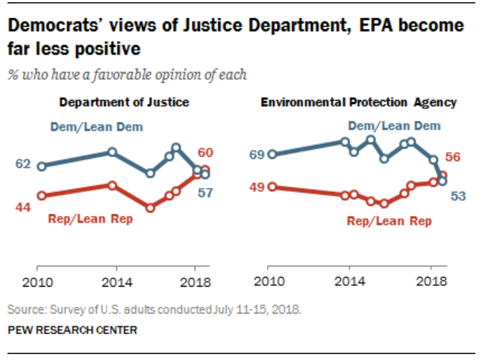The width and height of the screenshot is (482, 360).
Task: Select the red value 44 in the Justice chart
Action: [x=22, y=207]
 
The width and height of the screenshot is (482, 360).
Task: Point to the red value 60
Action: [x=205, y=152]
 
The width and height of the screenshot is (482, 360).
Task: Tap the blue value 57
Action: [x=205, y=192]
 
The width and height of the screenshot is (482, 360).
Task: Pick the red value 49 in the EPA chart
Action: [x=256, y=187]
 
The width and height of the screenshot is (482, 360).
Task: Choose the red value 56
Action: [x=451, y=157]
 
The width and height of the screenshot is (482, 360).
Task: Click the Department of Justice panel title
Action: [x=124, y=102]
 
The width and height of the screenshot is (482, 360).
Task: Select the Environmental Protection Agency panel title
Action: [x=358, y=102]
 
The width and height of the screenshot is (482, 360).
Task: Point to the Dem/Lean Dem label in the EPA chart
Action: [x=390, y=125]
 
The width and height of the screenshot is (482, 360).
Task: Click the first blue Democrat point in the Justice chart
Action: [x=42, y=167]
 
